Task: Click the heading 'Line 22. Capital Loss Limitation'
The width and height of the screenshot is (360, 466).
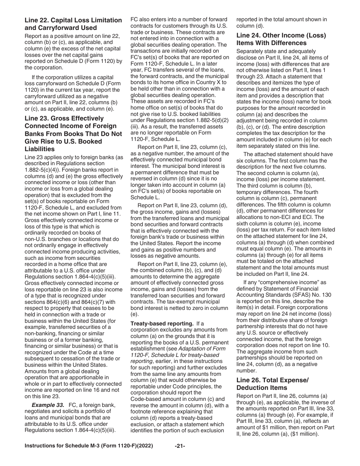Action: coord(73,20)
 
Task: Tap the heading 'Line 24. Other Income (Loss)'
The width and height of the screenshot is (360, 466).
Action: coord(281,35)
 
